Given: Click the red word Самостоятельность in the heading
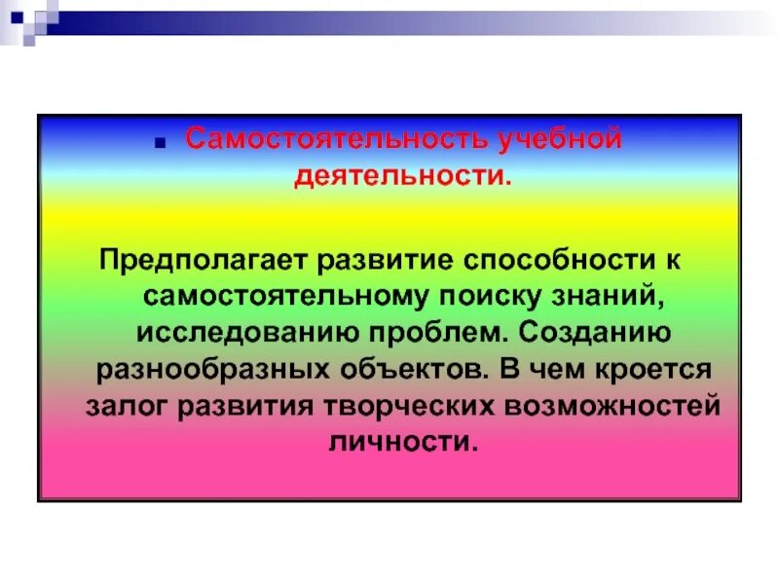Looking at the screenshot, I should coord(340,139).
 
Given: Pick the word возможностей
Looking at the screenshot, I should coord(609,405).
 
